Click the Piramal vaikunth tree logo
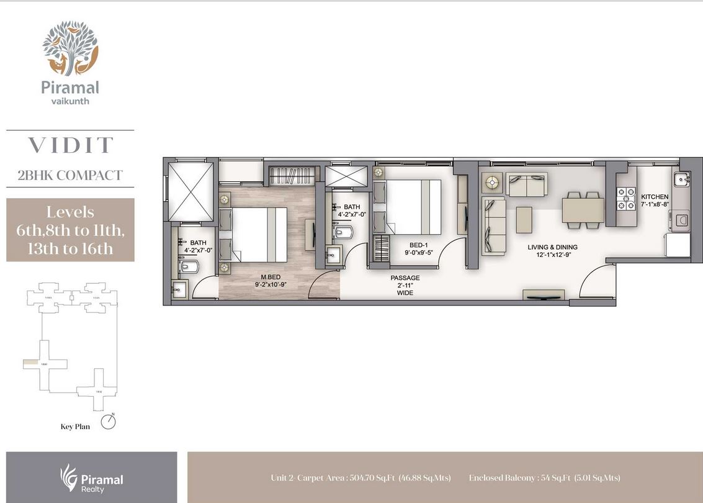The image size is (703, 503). (70, 48)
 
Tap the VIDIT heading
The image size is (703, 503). (70, 145)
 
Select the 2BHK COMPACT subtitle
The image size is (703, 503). (70, 175)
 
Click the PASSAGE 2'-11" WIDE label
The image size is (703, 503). (405, 285)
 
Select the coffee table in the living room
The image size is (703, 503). (524, 219)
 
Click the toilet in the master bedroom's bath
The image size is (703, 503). (190, 266)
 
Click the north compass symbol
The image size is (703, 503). (110, 422)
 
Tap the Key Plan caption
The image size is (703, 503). (75, 427)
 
